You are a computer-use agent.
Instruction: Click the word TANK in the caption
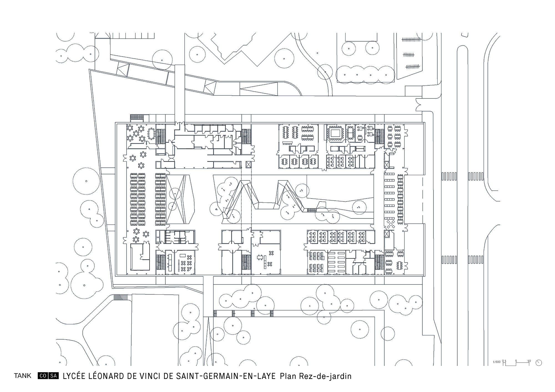coord(23,376)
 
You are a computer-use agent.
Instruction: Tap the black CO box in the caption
coord(43,376)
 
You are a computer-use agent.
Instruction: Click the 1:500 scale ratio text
coord(496,362)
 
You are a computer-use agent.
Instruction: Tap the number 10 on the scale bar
coord(529,361)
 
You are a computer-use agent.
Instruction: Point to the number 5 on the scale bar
coord(516,361)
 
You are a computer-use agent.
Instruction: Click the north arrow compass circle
coord(539,362)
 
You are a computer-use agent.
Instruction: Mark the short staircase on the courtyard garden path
coord(312,210)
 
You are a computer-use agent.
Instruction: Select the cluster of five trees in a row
coord(365,75)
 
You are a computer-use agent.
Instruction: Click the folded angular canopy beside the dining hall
coord(179,199)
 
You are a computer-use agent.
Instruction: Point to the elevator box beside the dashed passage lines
coord(248,165)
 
